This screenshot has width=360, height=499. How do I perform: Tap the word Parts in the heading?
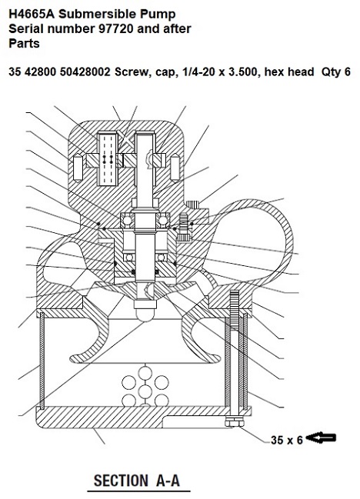click(x=24, y=43)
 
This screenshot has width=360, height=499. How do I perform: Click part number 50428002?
click(x=85, y=72)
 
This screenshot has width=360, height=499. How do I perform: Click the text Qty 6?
click(x=336, y=72)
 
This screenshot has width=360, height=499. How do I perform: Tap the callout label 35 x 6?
click(x=286, y=440)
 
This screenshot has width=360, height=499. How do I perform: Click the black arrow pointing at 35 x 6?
click(x=323, y=438)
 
